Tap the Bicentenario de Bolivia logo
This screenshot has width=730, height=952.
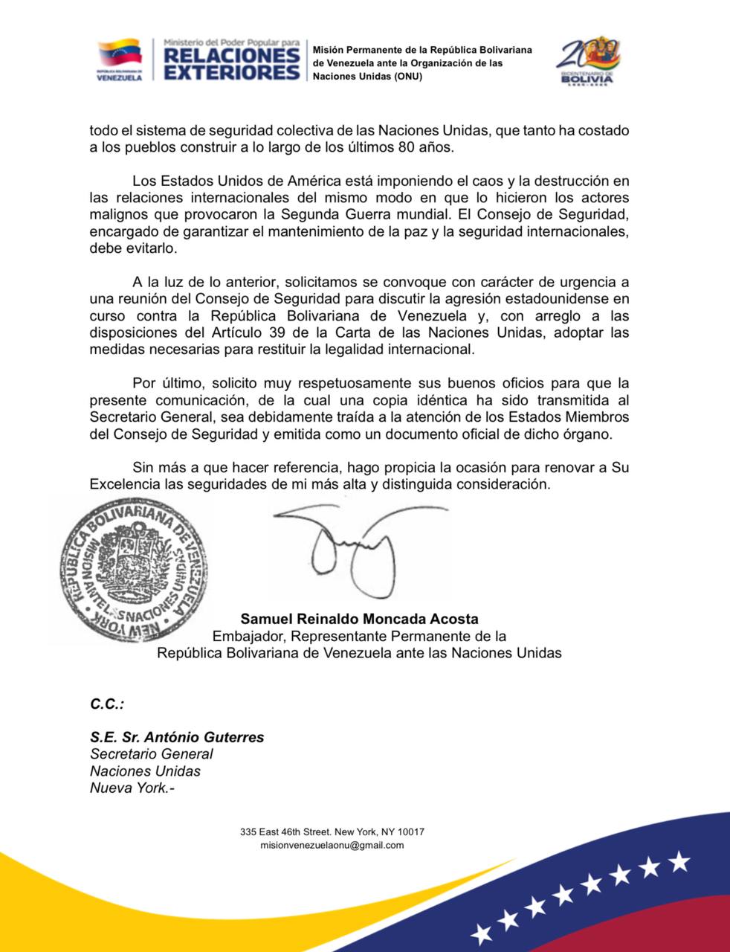pos(590,61)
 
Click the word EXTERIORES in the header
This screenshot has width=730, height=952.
pos(231,72)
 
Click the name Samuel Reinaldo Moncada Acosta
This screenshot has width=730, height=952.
pos(359,619)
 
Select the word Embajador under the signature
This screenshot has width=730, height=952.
pos(248,636)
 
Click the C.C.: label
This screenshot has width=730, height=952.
pos(107,703)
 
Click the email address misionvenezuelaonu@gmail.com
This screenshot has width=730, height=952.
pos(332,846)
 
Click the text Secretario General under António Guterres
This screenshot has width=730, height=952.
pos(152,754)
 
